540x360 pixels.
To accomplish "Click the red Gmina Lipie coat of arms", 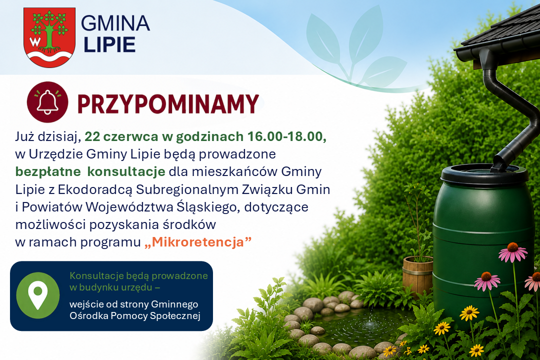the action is pyautogui.click(x=49, y=37).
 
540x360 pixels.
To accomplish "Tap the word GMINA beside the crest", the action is pyautogui.click(x=115, y=23).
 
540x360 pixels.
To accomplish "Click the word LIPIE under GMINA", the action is pyautogui.click(x=109, y=45).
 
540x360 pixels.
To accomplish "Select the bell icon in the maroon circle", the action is pyautogui.click(x=47, y=102).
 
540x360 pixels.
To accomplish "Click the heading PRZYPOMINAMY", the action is pyautogui.click(x=168, y=103).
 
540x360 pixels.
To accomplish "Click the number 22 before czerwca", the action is pyautogui.click(x=92, y=137).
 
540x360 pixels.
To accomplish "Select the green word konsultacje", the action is pyautogui.click(x=126, y=171).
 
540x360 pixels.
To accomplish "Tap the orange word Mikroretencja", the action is pyautogui.click(x=198, y=242).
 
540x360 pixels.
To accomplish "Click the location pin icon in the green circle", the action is pyautogui.click(x=38, y=295).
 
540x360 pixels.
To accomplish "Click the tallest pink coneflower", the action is pyautogui.click(x=513, y=252).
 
